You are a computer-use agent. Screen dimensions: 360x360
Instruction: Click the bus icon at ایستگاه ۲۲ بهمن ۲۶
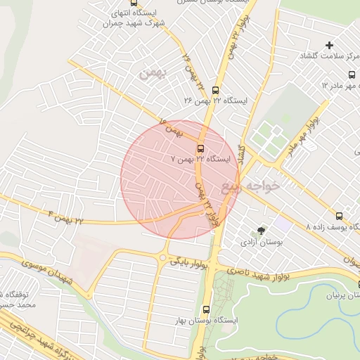[x=214, y=90]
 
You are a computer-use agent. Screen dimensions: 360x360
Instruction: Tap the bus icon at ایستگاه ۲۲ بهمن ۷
[x=200, y=148]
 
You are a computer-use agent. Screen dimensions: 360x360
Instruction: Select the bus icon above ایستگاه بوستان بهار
[x=206, y=309]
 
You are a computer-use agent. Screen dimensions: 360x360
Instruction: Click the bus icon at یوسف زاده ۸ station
[x=340, y=216]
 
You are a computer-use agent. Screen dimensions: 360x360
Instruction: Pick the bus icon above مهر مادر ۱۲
[x=352, y=75]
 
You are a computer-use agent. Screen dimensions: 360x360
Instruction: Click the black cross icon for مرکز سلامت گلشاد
[x=329, y=46]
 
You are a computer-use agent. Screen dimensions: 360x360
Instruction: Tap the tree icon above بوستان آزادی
[x=262, y=230]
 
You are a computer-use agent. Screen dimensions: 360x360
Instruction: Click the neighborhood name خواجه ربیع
[x=250, y=186]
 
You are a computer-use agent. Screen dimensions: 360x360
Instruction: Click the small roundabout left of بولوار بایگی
[x=163, y=258]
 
